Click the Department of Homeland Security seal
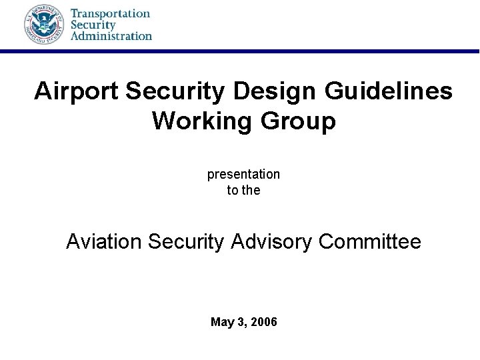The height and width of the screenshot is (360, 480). [43, 24]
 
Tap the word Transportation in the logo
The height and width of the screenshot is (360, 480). [110, 13]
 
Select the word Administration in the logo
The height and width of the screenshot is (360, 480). [111, 35]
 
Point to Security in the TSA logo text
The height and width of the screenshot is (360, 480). [93, 24]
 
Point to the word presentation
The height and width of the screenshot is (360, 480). [243, 175]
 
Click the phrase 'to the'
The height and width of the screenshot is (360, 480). [243, 190]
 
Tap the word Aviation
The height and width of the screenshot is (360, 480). [105, 241]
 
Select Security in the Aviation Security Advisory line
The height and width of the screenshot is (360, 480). [186, 241]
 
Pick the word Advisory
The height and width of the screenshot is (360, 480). [272, 241]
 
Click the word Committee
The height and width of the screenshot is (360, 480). [370, 241]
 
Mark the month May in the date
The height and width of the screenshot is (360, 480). [222, 323]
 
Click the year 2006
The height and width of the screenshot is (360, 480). [263, 323]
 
